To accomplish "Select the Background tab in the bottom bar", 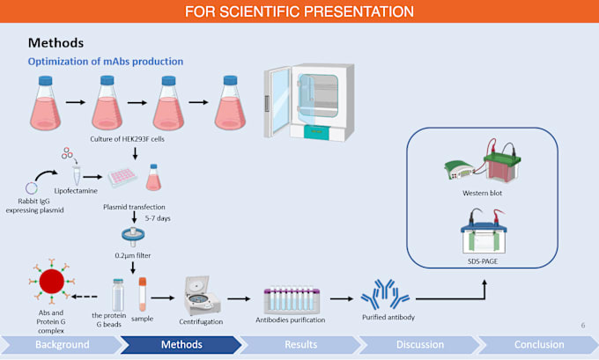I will pos(62,344).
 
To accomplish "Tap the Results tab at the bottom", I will pos(300,344).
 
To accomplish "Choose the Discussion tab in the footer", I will pos(420,344).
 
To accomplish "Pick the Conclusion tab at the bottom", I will pos(537,344).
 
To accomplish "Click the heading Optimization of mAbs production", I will pos(105,62).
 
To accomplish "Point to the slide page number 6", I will pos(582,325).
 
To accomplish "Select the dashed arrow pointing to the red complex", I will pos(85,297).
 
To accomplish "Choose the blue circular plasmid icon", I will pos(33,186).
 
